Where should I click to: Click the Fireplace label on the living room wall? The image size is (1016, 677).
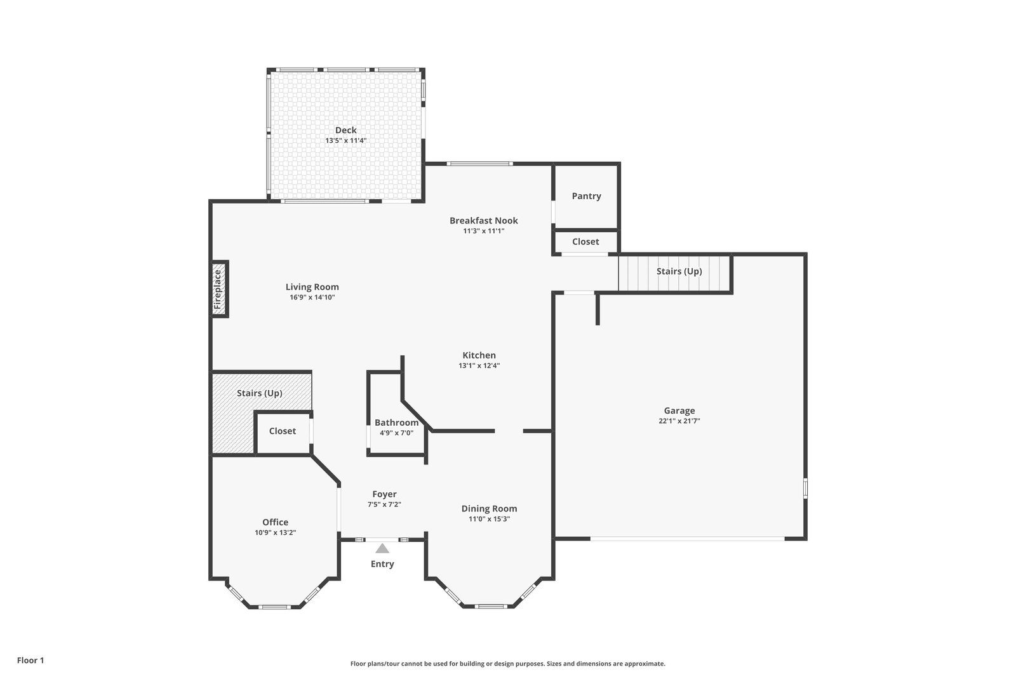tap(218, 289)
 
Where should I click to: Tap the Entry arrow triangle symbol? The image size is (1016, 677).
tap(382, 548)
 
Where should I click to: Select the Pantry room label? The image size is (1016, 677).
tap(587, 196)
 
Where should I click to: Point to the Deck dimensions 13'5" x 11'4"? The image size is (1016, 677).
tap(345, 140)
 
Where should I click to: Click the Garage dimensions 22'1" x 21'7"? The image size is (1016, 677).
tap(679, 421)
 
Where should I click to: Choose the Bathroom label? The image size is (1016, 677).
tap(396, 423)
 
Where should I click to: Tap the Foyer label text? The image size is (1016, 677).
tap(385, 494)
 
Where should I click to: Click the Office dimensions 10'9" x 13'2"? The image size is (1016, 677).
tap(276, 532)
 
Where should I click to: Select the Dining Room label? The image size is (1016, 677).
tap(490, 508)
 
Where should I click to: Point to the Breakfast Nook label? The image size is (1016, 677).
tap(483, 220)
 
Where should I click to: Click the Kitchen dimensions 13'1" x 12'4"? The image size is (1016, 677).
tap(479, 365)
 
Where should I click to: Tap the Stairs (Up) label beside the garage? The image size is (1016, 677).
tap(679, 271)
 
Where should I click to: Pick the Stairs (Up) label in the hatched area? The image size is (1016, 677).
tap(260, 393)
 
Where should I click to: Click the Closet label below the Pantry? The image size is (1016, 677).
tap(585, 242)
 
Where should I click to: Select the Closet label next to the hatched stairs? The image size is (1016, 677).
tap(283, 431)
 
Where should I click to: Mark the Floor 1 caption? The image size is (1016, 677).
tap(30, 661)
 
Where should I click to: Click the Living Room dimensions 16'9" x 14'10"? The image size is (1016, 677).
tap(312, 298)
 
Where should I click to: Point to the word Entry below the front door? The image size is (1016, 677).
tap(382, 563)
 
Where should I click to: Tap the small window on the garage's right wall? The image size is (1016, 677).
tap(806, 489)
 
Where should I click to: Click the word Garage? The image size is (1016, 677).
tap(679, 411)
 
